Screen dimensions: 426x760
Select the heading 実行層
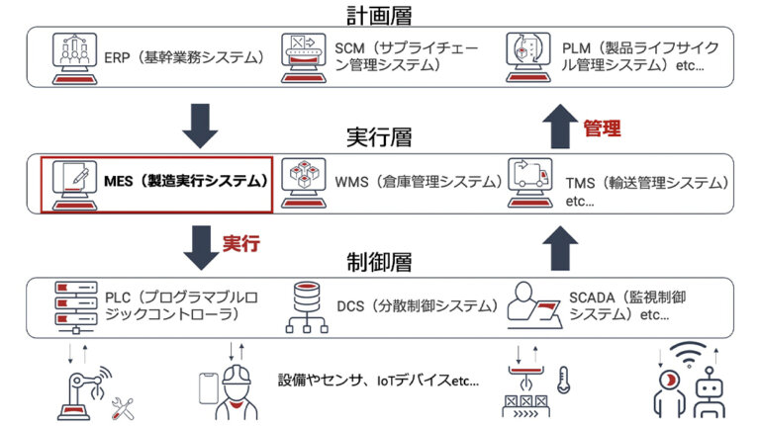[x=379, y=136]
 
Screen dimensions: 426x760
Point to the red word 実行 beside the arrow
[x=240, y=243]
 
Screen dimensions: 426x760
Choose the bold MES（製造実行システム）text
[x=186, y=182]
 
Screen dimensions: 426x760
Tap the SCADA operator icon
[x=532, y=305]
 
